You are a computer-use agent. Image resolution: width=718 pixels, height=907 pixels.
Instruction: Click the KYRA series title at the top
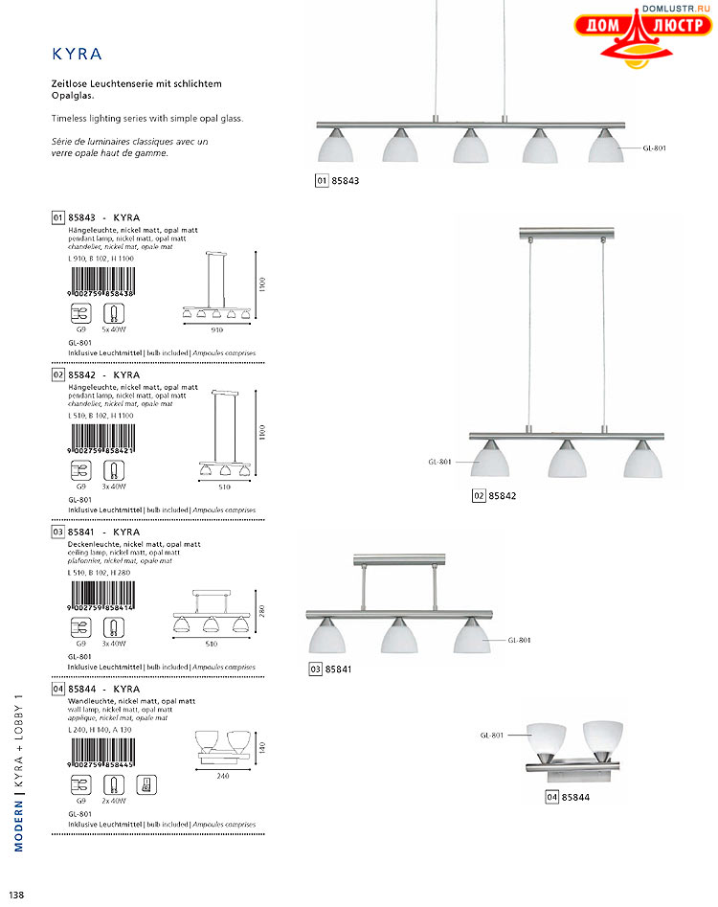(x=77, y=54)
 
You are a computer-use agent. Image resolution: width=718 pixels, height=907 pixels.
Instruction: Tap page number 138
(x=16, y=895)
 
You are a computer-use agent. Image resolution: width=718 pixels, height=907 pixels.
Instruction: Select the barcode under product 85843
(x=101, y=283)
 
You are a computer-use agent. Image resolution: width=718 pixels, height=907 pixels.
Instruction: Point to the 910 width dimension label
(x=216, y=329)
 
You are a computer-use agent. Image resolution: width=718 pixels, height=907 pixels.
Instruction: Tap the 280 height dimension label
(x=258, y=610)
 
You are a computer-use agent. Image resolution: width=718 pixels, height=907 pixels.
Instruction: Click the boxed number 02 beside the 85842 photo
(x=478, y=496)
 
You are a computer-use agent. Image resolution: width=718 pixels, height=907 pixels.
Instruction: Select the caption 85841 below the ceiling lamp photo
(x=339, y=669)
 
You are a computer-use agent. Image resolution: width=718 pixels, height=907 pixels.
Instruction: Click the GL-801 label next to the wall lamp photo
(x=492, y=735)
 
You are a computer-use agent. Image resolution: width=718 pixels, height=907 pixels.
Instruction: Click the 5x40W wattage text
(x=114, y=329)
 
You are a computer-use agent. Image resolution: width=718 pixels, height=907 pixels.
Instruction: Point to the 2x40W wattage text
(x=114, y=800)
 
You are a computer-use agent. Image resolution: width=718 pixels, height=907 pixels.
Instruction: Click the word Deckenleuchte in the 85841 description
(x=96, y=544)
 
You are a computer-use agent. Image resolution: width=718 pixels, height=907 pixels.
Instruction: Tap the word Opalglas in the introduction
(x=75, y=97)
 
